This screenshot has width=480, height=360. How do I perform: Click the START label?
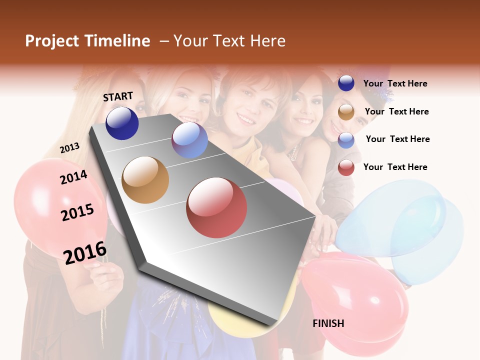pos(118,96)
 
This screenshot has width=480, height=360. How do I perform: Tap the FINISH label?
pos(328,323)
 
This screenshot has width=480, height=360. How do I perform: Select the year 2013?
pos(70,147)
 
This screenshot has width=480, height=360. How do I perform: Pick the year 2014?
pos(73,177)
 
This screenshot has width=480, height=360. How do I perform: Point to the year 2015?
pos(77,212)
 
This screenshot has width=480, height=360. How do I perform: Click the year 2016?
pos(85,252)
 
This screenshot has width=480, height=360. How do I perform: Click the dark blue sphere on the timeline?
pos(122,123)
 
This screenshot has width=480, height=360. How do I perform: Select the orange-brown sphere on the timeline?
pos(145,180)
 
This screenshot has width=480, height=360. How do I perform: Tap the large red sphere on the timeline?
pos(216,207)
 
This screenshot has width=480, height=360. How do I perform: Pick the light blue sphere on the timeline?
pos(189,140)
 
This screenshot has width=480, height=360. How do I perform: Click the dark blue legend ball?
pos(346,83)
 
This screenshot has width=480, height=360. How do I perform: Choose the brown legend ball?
pos(346,112)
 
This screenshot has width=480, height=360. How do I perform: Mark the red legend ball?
pos(346,167)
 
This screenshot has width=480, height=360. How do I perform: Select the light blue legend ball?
pos(346,140)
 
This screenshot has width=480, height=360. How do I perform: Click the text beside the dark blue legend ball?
pos(395,83)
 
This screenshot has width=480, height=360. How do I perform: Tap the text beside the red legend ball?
pos(395,167)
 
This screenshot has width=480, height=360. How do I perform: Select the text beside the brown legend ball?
pos(396,111)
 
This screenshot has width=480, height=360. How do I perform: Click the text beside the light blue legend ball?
pos(397,139)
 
